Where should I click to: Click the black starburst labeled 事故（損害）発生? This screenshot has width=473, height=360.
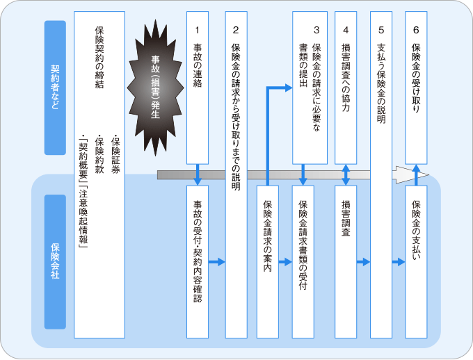[x=155, y=88]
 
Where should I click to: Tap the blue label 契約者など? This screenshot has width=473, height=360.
[x=55, y=88]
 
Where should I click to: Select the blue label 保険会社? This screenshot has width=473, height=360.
[x=55, y=262]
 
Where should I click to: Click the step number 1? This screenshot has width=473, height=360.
[x=198, y=30]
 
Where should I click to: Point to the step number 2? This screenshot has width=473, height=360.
[x=236, y=30]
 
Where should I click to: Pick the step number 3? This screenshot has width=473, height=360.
[x=316, y=30]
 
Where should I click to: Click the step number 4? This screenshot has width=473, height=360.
[x=346, y=30]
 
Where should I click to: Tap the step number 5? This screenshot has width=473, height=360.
[x=381, y=30]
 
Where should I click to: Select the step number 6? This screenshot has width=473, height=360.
[x=416, y=30]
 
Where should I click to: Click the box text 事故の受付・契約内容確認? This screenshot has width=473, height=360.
[x=198, y=252]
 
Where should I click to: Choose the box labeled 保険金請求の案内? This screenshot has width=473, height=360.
[x=268, y=262]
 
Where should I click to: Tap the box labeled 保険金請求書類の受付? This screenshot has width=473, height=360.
[x=303, y=262]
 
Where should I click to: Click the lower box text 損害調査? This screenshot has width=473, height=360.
[x=346, y=218]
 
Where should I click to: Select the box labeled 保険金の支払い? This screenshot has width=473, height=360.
[x=416, y=262]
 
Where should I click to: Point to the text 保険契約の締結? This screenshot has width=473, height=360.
[x=99, y=57]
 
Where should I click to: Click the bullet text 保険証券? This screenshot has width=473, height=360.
[x=115, y=154]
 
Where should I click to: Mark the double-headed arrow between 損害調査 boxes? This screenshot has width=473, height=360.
[x=346, y=175]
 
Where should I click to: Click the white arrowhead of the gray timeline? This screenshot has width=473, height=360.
[x=410, y=175]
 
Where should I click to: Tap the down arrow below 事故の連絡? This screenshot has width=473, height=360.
[x=198, y=175]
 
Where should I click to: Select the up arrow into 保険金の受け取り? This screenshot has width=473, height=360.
[x=416, y=175]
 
